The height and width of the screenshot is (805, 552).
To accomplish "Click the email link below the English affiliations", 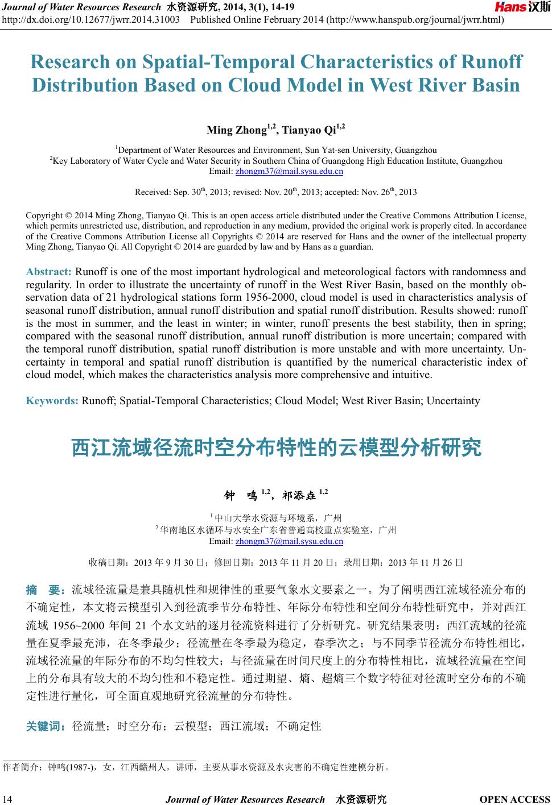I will point(289,171).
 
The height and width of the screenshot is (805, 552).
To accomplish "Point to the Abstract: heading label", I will point(49,271).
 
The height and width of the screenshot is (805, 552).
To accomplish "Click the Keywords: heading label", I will point(52,401).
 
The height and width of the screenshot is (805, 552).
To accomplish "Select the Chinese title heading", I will point(276,447).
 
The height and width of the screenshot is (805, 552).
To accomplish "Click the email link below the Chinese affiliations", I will point(289,541).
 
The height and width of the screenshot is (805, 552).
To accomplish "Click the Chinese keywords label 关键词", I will point(47,726).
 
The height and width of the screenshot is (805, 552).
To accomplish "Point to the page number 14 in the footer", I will point(7,799).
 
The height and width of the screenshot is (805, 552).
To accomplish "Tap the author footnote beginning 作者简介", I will point(196,767).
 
